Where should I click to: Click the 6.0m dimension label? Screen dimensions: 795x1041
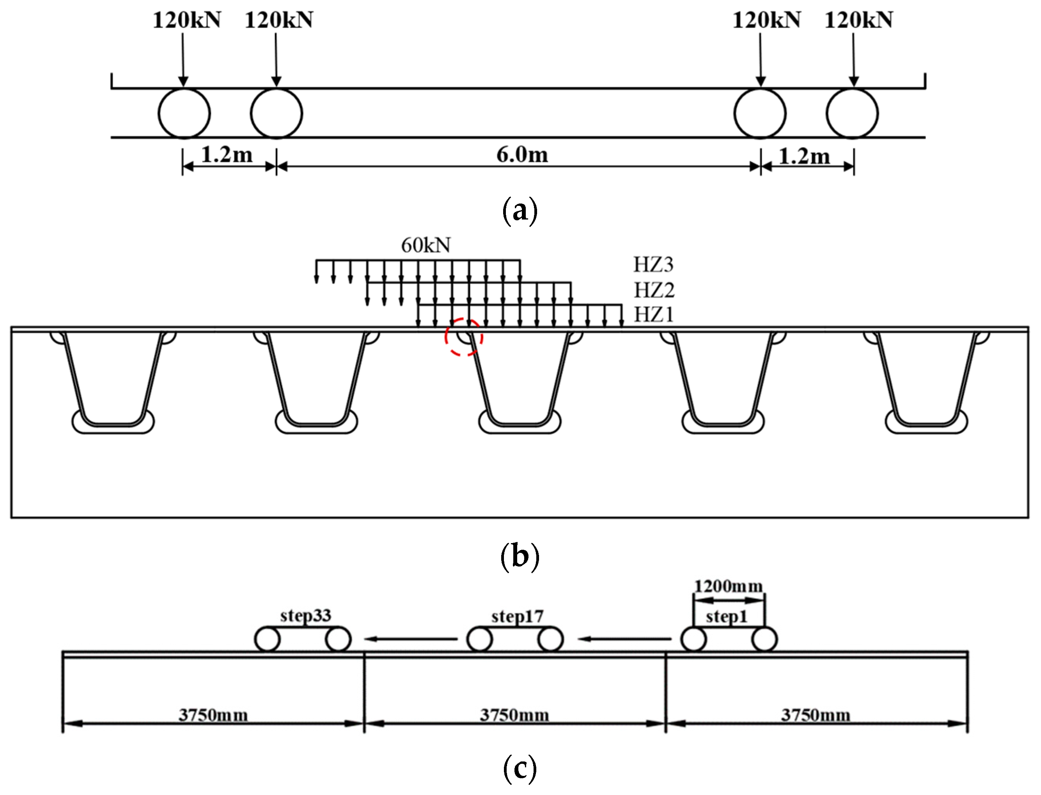(x=522, y=155)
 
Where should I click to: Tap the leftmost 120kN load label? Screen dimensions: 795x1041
(x=186, y=20)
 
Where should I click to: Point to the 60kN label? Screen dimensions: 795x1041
(x=426, y=245)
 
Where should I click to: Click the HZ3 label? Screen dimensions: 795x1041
(x=653, y=264)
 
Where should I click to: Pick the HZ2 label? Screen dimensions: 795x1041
(x=654, y=290)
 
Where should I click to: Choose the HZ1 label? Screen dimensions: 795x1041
(x=653, y=315)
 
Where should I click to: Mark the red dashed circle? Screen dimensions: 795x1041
(x=463, y=337)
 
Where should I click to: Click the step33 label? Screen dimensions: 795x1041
(x=305, y=616)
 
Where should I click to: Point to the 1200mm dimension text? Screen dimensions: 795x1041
(x=728, y=586)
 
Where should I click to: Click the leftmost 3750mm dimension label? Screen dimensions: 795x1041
(x=213, y=715)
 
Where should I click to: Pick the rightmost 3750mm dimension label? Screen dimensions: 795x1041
(x=815, y=715)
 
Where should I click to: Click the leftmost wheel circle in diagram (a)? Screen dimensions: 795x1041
(x=184, y=113)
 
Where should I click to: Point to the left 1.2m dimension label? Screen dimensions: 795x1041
(x=227, y=155)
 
